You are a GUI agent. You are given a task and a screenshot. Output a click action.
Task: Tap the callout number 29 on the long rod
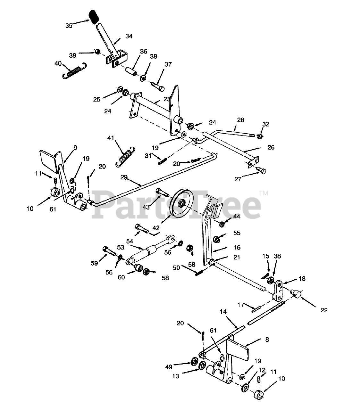click(126, 177)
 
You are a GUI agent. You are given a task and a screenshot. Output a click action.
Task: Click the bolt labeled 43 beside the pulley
click(163, 193)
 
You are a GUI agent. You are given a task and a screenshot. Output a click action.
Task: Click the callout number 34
click(129, 36)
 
